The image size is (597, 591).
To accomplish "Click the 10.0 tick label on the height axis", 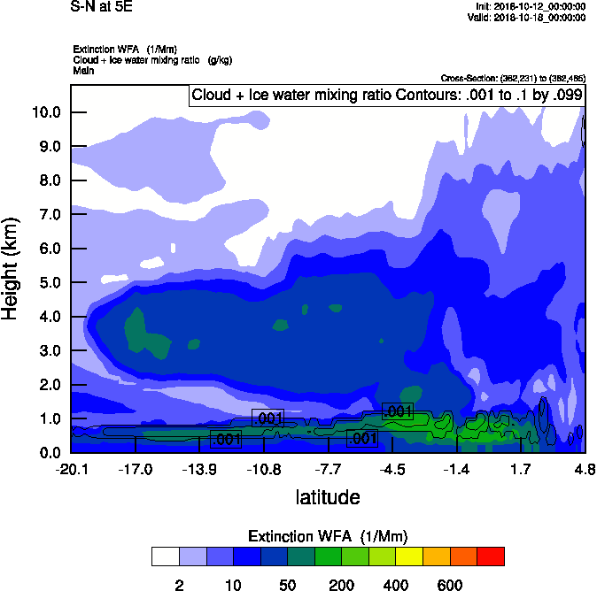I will click(45, 112).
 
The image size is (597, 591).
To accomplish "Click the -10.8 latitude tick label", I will click(263, 468).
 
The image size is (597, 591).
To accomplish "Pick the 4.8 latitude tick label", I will click(584, 468).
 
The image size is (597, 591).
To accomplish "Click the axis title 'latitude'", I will click(328, 497).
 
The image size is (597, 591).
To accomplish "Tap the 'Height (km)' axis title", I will click(12, 269).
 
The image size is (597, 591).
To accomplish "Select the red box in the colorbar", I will click(490, 556).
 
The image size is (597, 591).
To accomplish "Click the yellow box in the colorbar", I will click(409, 556).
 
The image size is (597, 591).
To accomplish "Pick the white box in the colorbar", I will click(165, 556).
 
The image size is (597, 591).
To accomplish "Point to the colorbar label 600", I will click(449, 585).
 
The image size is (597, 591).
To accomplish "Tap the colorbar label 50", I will click(287, 585).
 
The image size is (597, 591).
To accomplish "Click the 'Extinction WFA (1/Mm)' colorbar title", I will click(328, 536).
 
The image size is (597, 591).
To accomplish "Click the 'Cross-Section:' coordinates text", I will click(513, 79).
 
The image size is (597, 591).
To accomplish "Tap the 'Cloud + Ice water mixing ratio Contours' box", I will click(386, 95).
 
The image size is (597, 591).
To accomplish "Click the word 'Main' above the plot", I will click(84, 70).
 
